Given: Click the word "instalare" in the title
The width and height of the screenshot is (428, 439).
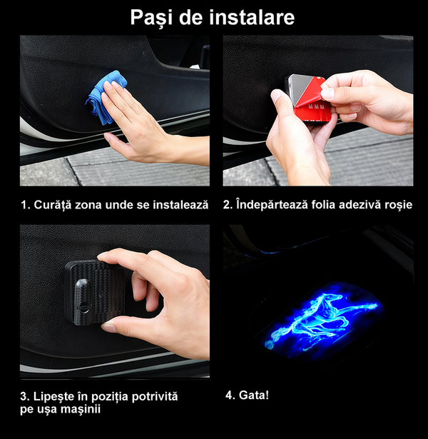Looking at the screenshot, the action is pyautogui.click(x=252, y=17).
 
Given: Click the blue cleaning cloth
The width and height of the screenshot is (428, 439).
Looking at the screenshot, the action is pyautogui.click(x=106, y=97).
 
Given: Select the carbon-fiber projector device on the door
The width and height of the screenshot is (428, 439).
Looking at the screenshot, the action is pyautogui.click(x=95, y=292).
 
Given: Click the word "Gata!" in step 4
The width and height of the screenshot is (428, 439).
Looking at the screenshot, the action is pyautogui.click(x=254, y=395).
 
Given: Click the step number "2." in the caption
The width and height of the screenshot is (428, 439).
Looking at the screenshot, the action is pyautogui.click(x=228, y=205).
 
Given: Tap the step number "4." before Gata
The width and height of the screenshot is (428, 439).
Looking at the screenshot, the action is pyautogui.click(x=230, y=395).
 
